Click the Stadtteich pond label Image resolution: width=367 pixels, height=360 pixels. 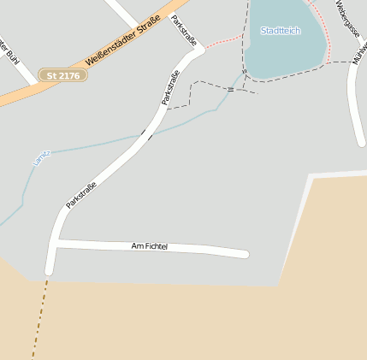click(x=281, y=31)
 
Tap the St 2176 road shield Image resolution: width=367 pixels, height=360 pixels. click(x=62, y=75)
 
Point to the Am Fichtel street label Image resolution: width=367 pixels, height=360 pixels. click(x=150, y=246)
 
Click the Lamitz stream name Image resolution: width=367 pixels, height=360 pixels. click(x=41, y=156)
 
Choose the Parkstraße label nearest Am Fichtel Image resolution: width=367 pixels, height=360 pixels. click(x=81, y=194)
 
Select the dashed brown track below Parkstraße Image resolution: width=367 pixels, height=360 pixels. click(x=39, y=316)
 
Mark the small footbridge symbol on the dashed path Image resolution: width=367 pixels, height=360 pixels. click(x=230, y=88)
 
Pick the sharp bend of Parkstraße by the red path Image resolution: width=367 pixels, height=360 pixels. click(x=198, y=50)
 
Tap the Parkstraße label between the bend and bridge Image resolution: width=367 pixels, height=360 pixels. click(x=171, y=86)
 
